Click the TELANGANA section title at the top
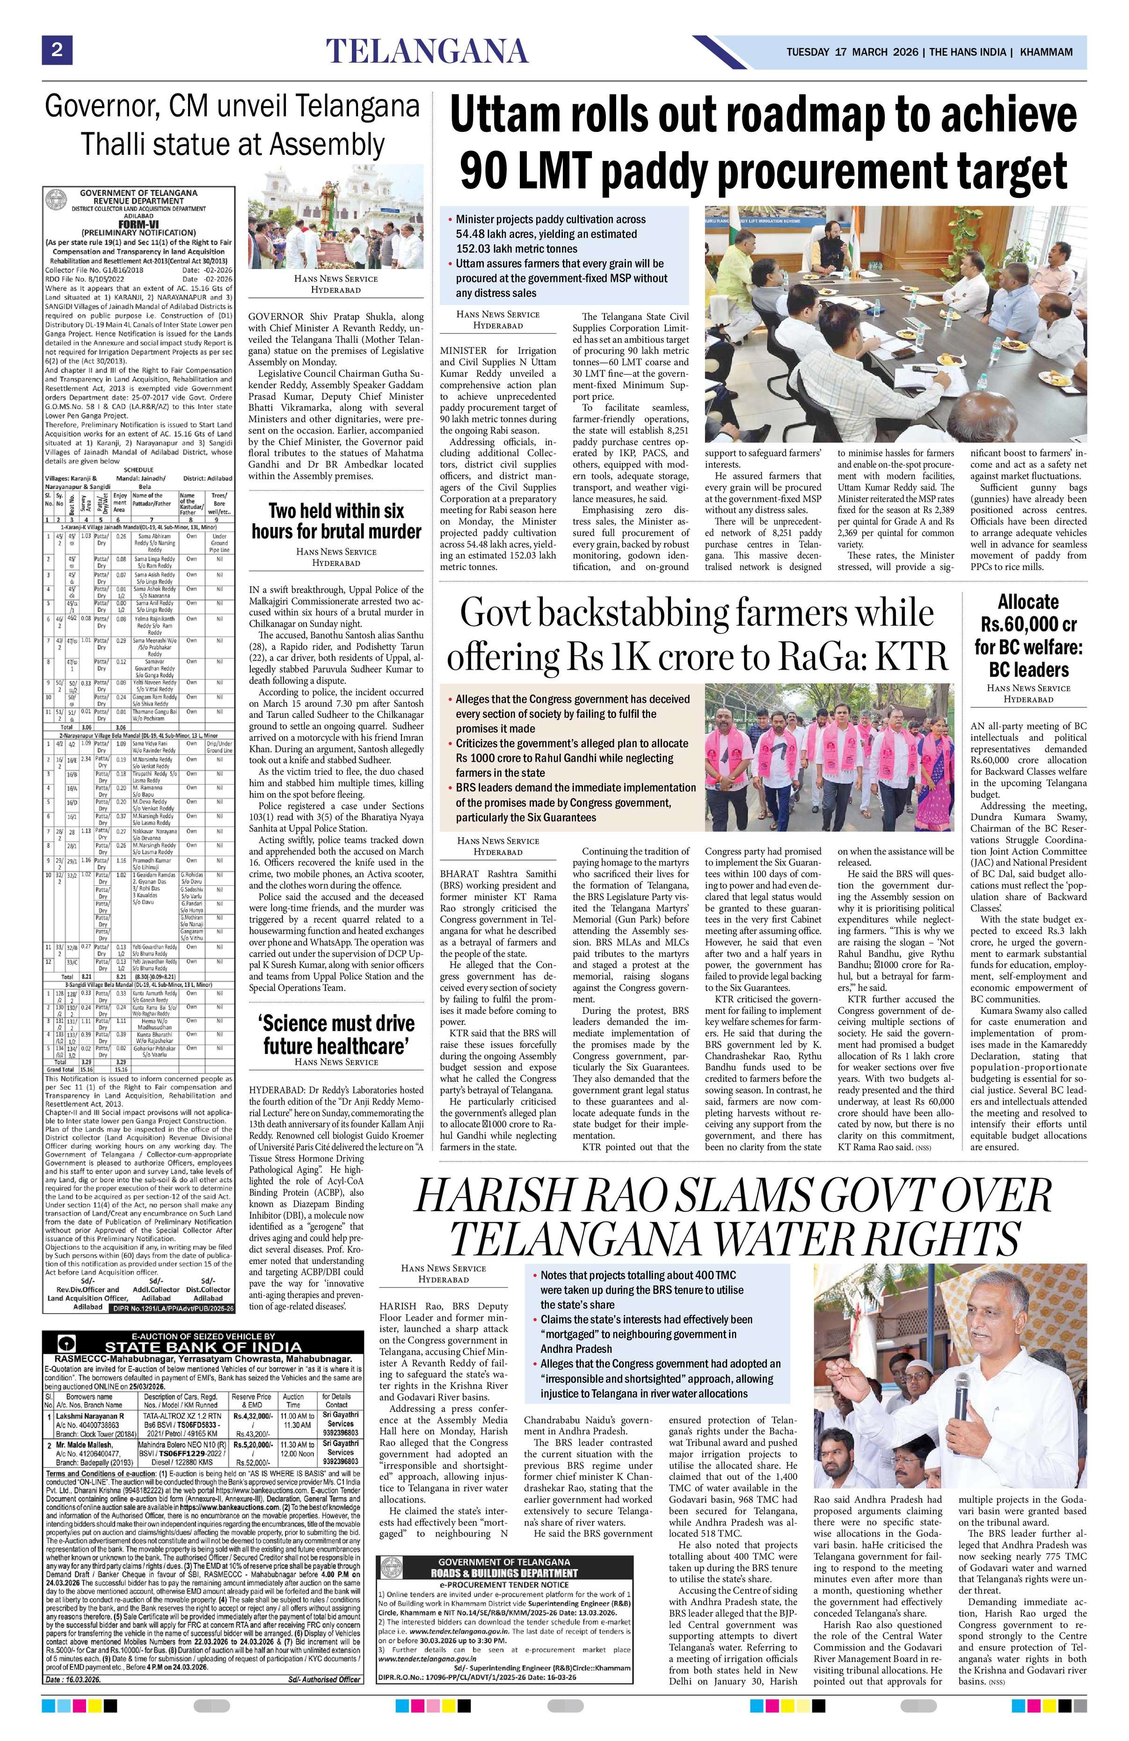427,51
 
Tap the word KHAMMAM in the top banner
1046,52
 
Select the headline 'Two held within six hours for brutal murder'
336,520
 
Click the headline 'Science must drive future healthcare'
336,1033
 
